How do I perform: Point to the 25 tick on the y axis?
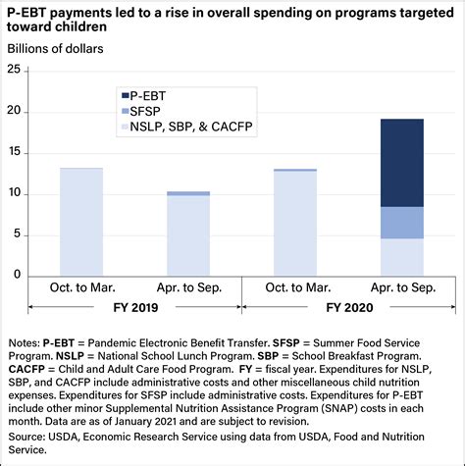[x=13, y=70]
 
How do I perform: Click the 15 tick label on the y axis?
[x=13, y=152]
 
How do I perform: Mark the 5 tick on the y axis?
[x=17, y=233]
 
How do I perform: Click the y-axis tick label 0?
[x=17, y=275]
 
